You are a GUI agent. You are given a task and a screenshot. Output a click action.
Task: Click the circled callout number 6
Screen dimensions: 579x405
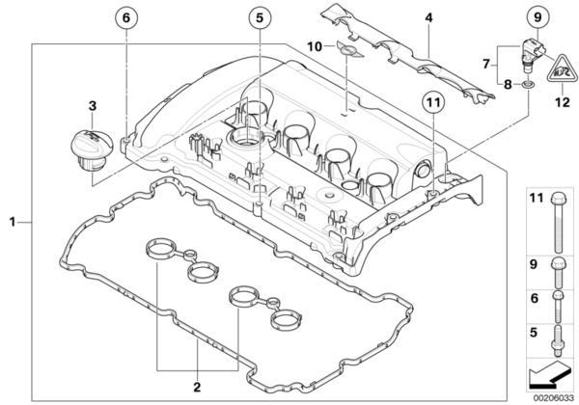pos(126,17)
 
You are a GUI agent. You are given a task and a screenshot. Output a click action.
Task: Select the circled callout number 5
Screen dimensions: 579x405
pos(260,17)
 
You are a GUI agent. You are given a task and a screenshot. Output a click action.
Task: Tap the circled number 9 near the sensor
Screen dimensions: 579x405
pos(538,17)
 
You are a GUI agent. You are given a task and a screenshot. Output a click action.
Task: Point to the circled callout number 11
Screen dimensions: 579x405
pos(433,102)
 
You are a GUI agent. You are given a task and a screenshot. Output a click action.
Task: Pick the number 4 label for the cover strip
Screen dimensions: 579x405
pos(428,17)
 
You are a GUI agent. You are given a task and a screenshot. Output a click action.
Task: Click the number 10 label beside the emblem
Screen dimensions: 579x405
pos(315,47)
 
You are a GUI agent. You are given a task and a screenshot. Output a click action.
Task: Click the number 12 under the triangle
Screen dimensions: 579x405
pos(563,102)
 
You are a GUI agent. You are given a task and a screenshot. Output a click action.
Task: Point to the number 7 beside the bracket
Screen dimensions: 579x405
pos(486,65)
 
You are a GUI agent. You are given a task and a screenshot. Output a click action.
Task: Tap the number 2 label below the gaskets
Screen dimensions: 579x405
pos(197,387)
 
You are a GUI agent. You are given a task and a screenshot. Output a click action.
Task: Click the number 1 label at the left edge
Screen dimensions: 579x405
pos(13,222)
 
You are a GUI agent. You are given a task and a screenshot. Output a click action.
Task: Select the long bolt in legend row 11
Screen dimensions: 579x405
pos(558,222)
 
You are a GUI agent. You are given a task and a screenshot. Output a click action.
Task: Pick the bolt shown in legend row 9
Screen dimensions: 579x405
pos(558,273)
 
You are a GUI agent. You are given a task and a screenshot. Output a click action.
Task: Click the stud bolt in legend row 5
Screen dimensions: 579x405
pos(558,340)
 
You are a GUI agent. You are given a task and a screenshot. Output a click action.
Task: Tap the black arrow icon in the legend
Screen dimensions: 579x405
pos(548,375)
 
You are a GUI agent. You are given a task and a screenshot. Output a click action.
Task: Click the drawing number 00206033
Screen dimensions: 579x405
pos(554,398)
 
